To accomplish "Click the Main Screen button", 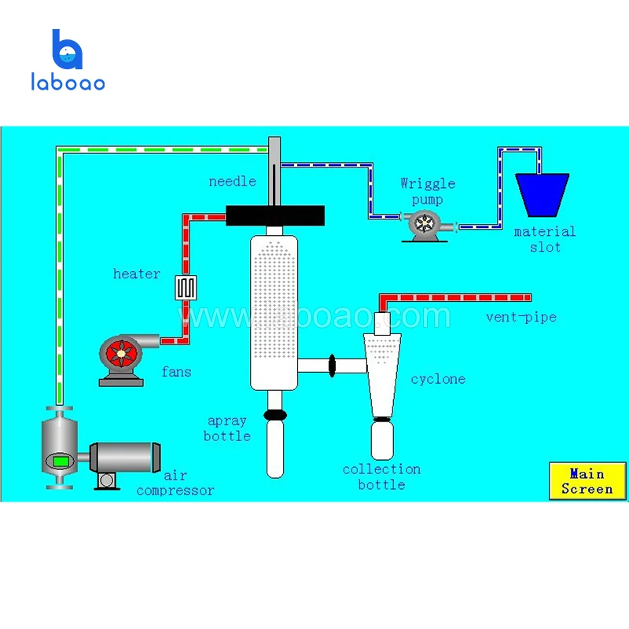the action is pyautogui.click(x=587, y=481).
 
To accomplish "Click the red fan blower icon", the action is pyautogui.click(x=123, y=354).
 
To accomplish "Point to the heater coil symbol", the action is pyautogui.click(x=186, y=287).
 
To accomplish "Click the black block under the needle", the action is pyautogui.click(x=274, y=215).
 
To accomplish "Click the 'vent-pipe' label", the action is pyautogui.click(x=520, y=318).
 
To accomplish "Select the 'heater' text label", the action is pyautogui.click(x=137, y=274).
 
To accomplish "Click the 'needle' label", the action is pyautogui.click(x=232, y=182).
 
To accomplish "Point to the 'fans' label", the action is pyautogui.click(x=176, y=371).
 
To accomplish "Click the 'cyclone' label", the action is pyautogui.click(x=438, y=379).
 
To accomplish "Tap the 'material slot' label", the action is pyautogui.click(x=545, y=239).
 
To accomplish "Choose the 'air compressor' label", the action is pyautogui.click(x=175, y=483).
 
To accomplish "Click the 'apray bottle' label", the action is pyautogui.click(x=227, y=429).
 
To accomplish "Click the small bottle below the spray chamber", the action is pyautogui.click(x=274, y=448).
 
